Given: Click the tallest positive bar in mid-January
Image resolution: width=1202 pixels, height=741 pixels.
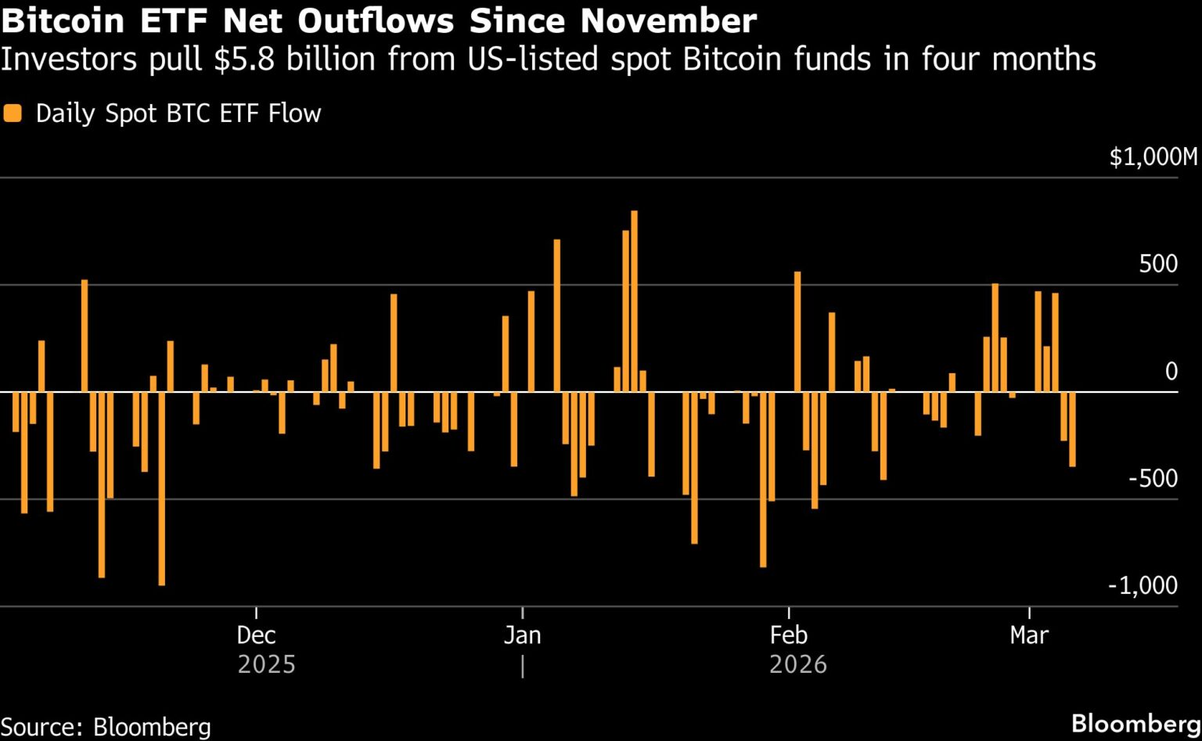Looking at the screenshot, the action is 635,301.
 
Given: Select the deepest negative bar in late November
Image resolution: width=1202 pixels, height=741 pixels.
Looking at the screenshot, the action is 162,488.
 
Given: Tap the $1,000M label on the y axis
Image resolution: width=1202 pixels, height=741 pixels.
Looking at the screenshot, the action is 1153,157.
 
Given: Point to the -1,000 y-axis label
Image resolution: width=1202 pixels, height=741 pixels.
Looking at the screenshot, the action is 1143,585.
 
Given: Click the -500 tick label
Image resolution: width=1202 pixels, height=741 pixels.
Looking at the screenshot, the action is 1153,478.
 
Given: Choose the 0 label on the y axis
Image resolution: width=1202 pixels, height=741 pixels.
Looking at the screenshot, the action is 1171,372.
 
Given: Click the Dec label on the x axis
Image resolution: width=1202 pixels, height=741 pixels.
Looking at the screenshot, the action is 256,635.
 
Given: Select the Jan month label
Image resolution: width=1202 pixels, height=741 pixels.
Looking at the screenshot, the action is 522,635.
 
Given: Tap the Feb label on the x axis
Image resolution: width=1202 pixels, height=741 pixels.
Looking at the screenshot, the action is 788,635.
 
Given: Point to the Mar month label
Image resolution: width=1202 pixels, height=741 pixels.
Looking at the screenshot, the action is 1029,635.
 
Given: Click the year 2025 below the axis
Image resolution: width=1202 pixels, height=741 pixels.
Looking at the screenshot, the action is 266,665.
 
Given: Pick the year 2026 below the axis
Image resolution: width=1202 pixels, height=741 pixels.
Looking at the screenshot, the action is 798,665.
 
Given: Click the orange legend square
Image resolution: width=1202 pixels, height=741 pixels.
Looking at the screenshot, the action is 13,113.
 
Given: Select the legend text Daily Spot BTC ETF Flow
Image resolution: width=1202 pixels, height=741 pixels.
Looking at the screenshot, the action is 178,113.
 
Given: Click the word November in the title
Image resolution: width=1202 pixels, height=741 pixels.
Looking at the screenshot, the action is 668,21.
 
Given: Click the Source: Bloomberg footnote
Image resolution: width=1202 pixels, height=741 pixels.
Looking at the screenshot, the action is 105,727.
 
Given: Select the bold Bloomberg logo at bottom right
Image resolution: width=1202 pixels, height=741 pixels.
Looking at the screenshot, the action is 1135,725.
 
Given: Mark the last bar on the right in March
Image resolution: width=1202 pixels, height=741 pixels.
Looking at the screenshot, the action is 1072,430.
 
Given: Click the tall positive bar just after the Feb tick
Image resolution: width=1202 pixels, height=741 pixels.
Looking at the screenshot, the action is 797,332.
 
